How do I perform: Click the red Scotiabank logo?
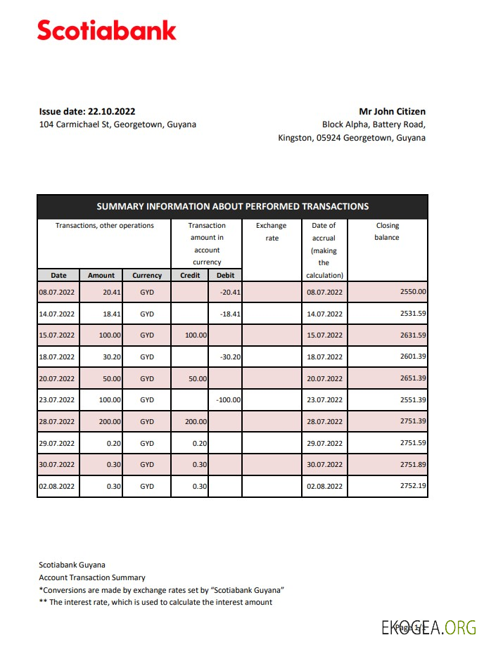[106, 31]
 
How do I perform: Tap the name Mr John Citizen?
[392, 111]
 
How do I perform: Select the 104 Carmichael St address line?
[117, 124]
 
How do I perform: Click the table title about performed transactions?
[232, 207]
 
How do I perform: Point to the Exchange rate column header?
[272, 231]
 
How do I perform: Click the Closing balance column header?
[387, 231]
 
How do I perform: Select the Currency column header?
[147, 276]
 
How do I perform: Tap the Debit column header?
[225, 276]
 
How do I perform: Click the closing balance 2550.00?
[413, 292]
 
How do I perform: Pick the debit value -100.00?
[228, 400]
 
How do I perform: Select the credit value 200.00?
[196, 422]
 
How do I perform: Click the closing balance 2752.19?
[413, 487]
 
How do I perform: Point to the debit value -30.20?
[230, 357]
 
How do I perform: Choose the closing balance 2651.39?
[413, 379]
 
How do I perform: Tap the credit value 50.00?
[196, 379]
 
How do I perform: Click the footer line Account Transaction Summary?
[91, 577]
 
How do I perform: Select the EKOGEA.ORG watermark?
[428, 627]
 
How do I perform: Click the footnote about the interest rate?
[155, 602]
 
